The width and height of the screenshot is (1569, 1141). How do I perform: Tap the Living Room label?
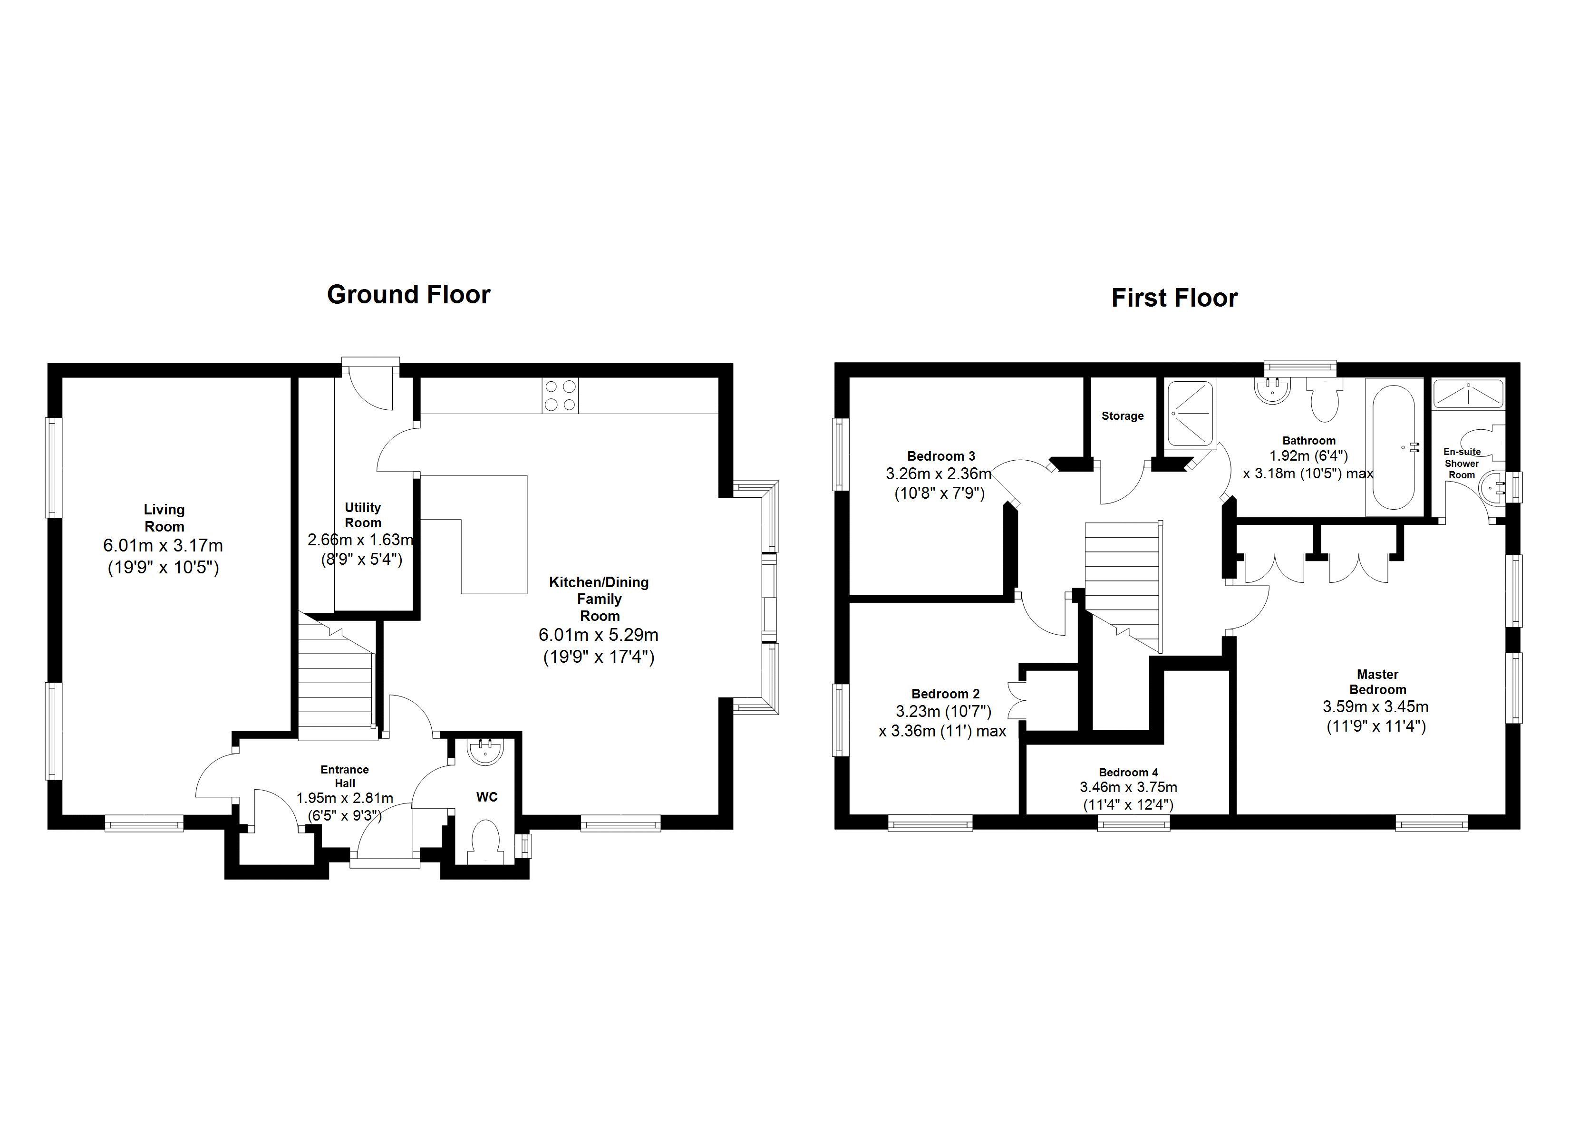164,518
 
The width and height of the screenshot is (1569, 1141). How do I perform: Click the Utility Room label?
362,515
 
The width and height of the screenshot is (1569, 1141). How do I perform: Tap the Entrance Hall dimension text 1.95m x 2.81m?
345,798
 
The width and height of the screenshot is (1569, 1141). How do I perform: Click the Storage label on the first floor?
1122,416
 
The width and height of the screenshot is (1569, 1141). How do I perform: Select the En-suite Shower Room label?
1462,463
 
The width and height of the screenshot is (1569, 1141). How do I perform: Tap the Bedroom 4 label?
1128,772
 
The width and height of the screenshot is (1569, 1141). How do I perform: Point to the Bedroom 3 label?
941,456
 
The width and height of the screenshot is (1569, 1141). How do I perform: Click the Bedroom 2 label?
945,693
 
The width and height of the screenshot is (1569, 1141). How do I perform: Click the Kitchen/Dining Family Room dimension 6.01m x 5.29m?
599,635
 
